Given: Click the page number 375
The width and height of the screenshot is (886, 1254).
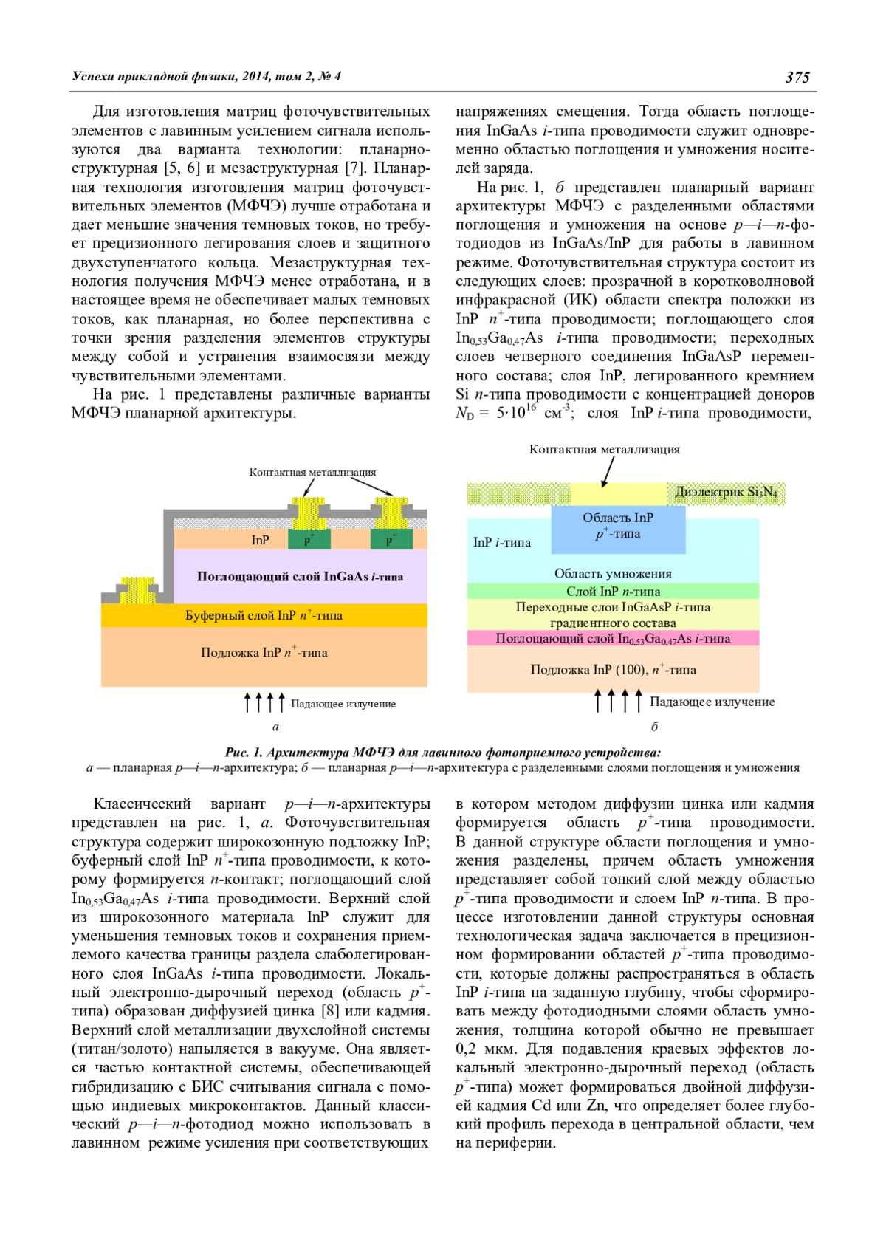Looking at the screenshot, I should coord(797,77).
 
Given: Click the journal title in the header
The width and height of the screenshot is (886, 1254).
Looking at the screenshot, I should coord(206,76).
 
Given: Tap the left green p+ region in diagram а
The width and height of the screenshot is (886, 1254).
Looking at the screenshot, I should coord(309,539).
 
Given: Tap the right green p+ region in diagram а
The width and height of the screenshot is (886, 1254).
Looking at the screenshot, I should coord(390,539).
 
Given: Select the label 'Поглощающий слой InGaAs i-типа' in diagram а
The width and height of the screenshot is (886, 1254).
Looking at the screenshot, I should coord(300,577).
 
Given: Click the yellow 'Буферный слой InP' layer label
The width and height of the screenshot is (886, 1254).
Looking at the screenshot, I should coord(264,615).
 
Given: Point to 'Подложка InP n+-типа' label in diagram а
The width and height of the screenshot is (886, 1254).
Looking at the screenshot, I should coord(264,653).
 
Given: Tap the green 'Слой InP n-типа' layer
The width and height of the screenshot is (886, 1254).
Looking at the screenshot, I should coord(613,592).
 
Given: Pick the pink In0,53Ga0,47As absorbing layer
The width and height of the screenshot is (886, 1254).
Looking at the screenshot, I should coord(613,639).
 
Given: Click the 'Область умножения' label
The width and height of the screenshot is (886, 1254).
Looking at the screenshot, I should coord(613,574).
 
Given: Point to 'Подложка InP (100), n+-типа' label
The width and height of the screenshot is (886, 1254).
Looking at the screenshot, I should coord(613,670).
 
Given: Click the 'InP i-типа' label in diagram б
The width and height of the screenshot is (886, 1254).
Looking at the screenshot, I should coord(501,543).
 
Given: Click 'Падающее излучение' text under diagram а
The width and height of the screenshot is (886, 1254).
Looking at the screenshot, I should coord(343,704).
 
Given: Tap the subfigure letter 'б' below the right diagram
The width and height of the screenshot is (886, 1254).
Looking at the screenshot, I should coord(654,727).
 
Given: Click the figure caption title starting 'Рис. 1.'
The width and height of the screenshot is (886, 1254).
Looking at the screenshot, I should coord(442,753).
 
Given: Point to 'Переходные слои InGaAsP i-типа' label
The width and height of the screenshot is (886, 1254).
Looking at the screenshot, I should coord(613,608).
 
